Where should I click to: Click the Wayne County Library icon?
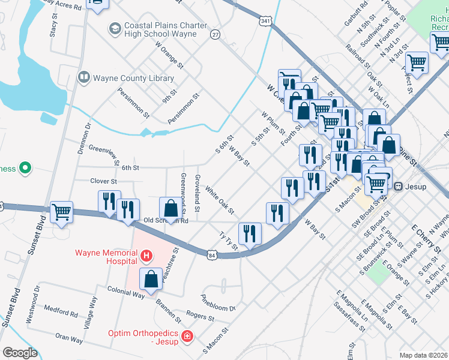(84, 78)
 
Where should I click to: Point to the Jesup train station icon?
(398, 187)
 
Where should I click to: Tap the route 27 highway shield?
(215, 35)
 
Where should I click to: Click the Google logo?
(19, 353)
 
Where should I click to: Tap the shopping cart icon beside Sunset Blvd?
(62, 212)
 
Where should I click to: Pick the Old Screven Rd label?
(167, 221)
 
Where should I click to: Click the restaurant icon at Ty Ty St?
(250, 233)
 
